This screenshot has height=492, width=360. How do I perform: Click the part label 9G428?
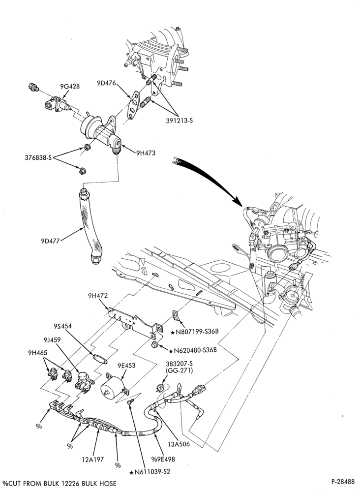[70, 86]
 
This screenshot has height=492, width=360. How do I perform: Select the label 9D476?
[107, 83]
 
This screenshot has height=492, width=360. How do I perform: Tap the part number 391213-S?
[180, 120]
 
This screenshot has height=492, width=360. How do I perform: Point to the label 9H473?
[146, 153]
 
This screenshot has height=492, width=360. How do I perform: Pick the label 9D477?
[50, 241]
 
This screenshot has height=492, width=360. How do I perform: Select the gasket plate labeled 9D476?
[134, 105]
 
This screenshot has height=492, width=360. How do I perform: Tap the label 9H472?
[98, 296]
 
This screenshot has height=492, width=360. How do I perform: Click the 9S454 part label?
[62, 326]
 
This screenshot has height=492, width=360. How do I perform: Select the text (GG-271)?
[179, 370]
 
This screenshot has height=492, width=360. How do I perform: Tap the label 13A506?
[178, 444]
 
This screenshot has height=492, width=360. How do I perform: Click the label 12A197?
[93, 460]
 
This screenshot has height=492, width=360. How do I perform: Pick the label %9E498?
[163, 459]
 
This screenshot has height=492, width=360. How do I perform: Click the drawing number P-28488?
[343, 481]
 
